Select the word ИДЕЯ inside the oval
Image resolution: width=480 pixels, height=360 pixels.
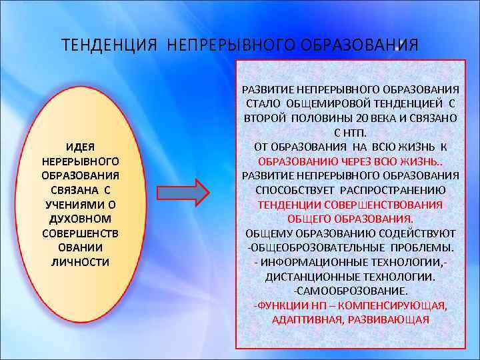81,146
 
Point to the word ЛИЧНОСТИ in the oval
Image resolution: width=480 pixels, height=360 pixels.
81,261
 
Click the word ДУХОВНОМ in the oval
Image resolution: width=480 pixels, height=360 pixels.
81,218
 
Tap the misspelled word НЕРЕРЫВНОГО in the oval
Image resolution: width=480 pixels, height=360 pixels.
81,161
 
